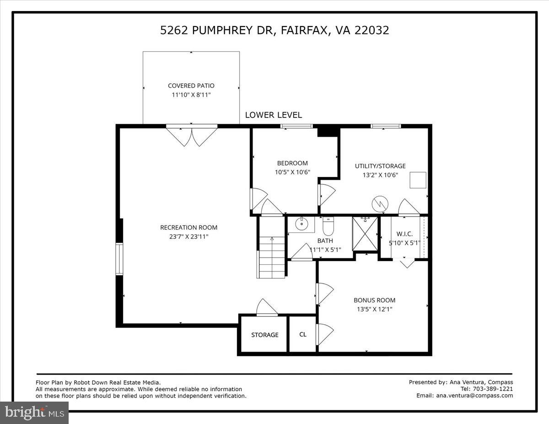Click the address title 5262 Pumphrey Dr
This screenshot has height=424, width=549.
tap(274, 30)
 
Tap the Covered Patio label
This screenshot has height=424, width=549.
tap(191, 86)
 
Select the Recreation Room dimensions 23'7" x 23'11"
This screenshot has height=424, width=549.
tap(188, 236)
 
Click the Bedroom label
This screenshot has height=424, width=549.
tap(292, 163)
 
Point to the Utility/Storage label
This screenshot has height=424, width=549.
tap(380, 166)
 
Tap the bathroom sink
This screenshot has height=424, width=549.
tap(301, 224)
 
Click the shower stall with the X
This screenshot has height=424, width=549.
tap(365, 234)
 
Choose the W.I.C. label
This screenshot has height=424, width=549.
tap(404, 234)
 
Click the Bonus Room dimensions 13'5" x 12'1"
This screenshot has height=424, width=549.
tap(374, 309)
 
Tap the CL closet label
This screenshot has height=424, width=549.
tap(302, 334)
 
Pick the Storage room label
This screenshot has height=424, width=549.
tap(264, 335)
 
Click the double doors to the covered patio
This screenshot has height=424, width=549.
tap(191, 136)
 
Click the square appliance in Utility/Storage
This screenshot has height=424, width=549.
tap(418, 180)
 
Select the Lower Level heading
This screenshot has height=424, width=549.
tap(273, 115)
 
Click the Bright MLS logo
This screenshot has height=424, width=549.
tap(34, 412)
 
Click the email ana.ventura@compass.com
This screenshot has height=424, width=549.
tap(474, 396)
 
